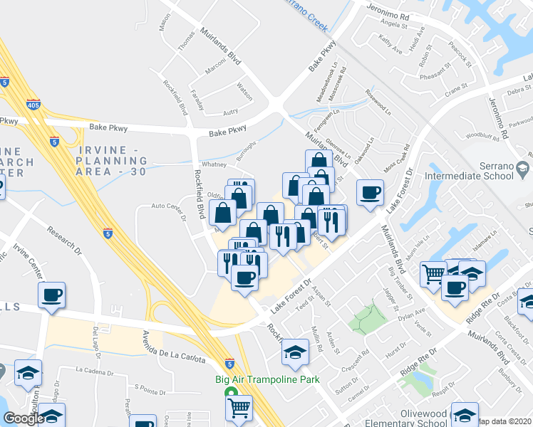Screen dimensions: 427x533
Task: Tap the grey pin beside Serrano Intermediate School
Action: (523, 169)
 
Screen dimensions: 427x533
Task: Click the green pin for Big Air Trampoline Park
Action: (230, 393)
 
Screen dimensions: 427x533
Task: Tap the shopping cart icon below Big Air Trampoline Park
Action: (239, 408)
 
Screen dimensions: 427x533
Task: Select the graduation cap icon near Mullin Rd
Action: (295, 352)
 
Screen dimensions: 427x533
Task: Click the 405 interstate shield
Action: (33, 104)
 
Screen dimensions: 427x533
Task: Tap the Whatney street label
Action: (213, 164)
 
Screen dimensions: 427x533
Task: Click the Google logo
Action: (24, 418)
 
